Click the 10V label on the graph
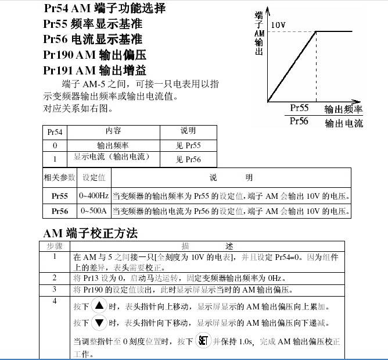(x=278, y=26)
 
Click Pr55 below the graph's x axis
(x=299, y=108)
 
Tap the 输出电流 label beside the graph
(x=343, y=123)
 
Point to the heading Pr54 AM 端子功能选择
(x=105, y=9)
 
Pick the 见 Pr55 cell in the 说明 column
(x=188, y=146)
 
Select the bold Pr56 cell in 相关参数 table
(x=60, y=211)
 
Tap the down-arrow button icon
(x=99, y=322)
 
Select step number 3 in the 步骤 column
(x=55, y=288)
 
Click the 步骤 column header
(x=55, y=246)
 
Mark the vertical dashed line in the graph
(x=315, y=67)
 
